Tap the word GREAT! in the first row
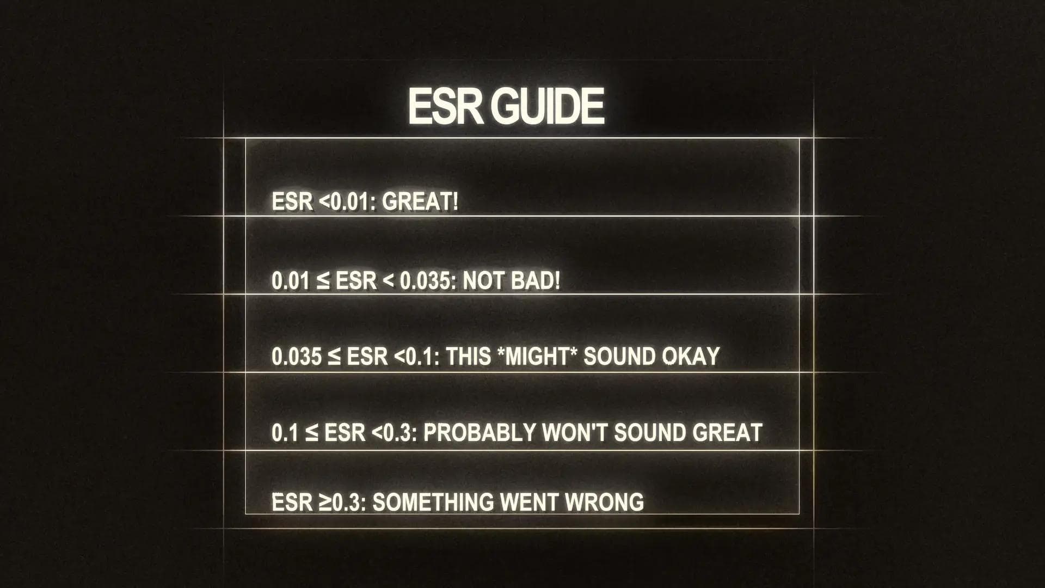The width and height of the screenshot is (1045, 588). [x=420, y=202]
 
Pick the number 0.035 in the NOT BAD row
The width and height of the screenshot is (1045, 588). [x=423, y=281]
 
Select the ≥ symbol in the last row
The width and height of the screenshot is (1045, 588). [x=325, y=502]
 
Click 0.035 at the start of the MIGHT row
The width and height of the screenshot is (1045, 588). [x=297, y=357]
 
